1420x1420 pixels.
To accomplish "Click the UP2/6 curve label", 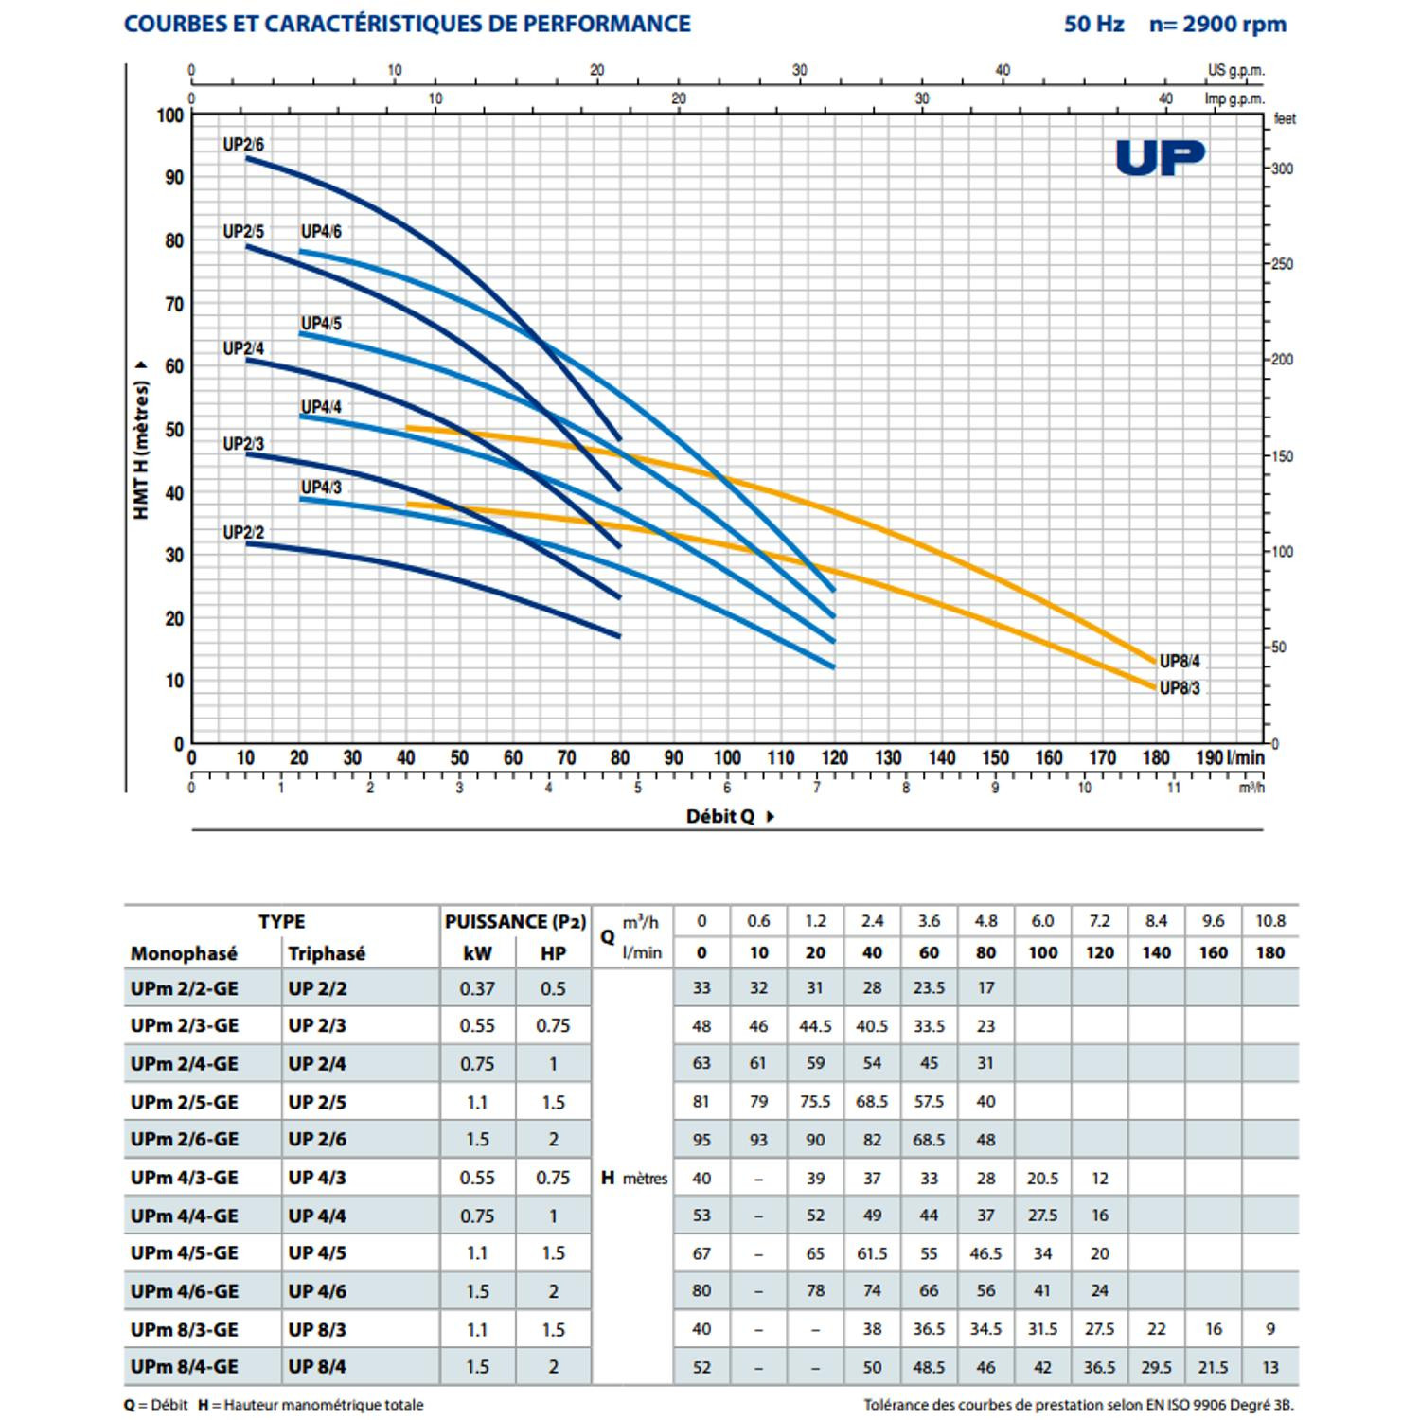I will [x=243, y=145].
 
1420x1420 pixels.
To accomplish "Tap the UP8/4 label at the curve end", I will [x=1180, y=661].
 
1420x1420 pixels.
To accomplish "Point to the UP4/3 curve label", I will [x=321, y=487].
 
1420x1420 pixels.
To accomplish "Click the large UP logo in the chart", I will [x=1160, y=157].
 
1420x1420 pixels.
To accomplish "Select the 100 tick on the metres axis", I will [x=170, y=115].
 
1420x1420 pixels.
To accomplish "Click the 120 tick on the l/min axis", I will [x=834, y=757].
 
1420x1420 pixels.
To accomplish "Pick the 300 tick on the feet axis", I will [x=1282, y=169].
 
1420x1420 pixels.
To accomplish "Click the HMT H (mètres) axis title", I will [x=141, y=443].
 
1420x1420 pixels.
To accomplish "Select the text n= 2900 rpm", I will [x=1217, y=25].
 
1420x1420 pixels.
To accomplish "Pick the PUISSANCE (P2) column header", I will [x=516, y=921].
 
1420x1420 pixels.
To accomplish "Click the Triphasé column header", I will [x=327, y=953].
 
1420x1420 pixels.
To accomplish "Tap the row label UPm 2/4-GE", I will [x=185, y=1064].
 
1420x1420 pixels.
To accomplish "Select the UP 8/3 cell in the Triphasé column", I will [x=317, y=1329].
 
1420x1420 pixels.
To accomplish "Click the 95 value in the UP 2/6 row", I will [x=701, y=1140].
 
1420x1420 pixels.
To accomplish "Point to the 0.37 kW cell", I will [x=477, y=988].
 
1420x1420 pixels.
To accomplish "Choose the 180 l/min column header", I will [x=1269, y=952].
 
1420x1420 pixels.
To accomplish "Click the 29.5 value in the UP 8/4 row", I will [x=1156, y=1367].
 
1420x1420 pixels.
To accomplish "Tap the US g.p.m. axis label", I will [x=1235, y=70].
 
